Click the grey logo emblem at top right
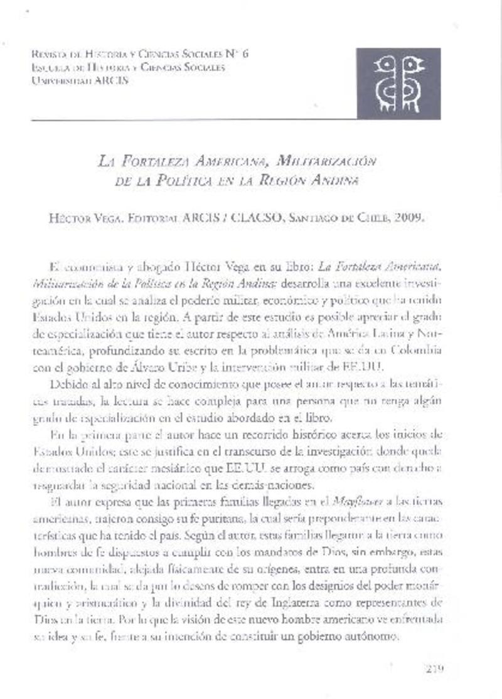click(x=398, y=84)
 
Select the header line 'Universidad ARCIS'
click(x=79, y=80)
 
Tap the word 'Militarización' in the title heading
click(x=333, y=162)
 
